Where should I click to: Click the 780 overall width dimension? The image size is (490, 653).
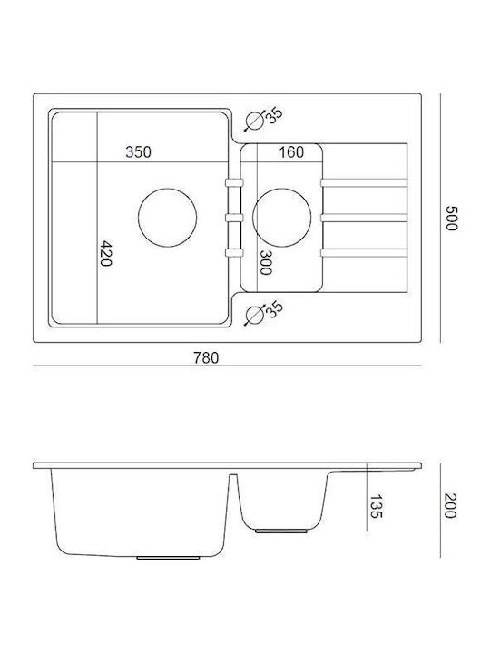click(206, 357)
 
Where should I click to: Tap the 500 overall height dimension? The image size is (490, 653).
click(451, 218)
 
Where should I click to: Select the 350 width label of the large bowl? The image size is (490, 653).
click(138, 152)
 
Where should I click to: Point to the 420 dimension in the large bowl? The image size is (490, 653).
click(106, 253)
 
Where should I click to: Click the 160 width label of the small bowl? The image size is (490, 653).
click(291, 152)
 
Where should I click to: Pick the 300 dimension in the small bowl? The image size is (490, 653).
click(265, 263)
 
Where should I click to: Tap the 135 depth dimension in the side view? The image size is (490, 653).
click(376, 506)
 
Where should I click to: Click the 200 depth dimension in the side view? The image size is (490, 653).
click(450, 505)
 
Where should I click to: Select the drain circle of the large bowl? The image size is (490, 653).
click(167, 218)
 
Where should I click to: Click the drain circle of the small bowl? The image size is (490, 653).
click(281, 218)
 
